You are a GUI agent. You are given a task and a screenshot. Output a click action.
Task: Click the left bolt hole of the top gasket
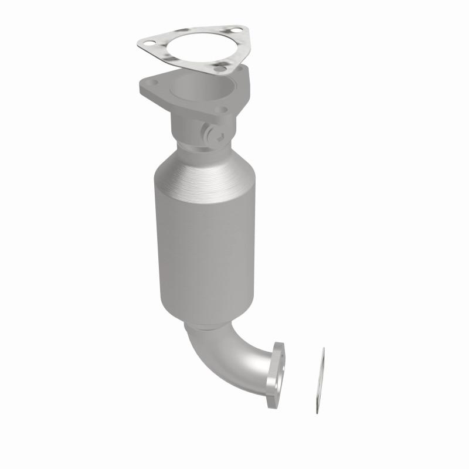[x=148, y=43]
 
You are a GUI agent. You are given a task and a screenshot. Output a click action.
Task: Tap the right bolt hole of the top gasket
[x=235, y=29]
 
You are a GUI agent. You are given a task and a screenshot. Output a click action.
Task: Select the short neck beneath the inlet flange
[x=193, y=126]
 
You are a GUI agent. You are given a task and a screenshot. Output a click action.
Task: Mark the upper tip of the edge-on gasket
[x=322, y=350]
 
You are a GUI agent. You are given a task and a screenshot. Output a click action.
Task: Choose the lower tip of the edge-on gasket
[x=317, y=412]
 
